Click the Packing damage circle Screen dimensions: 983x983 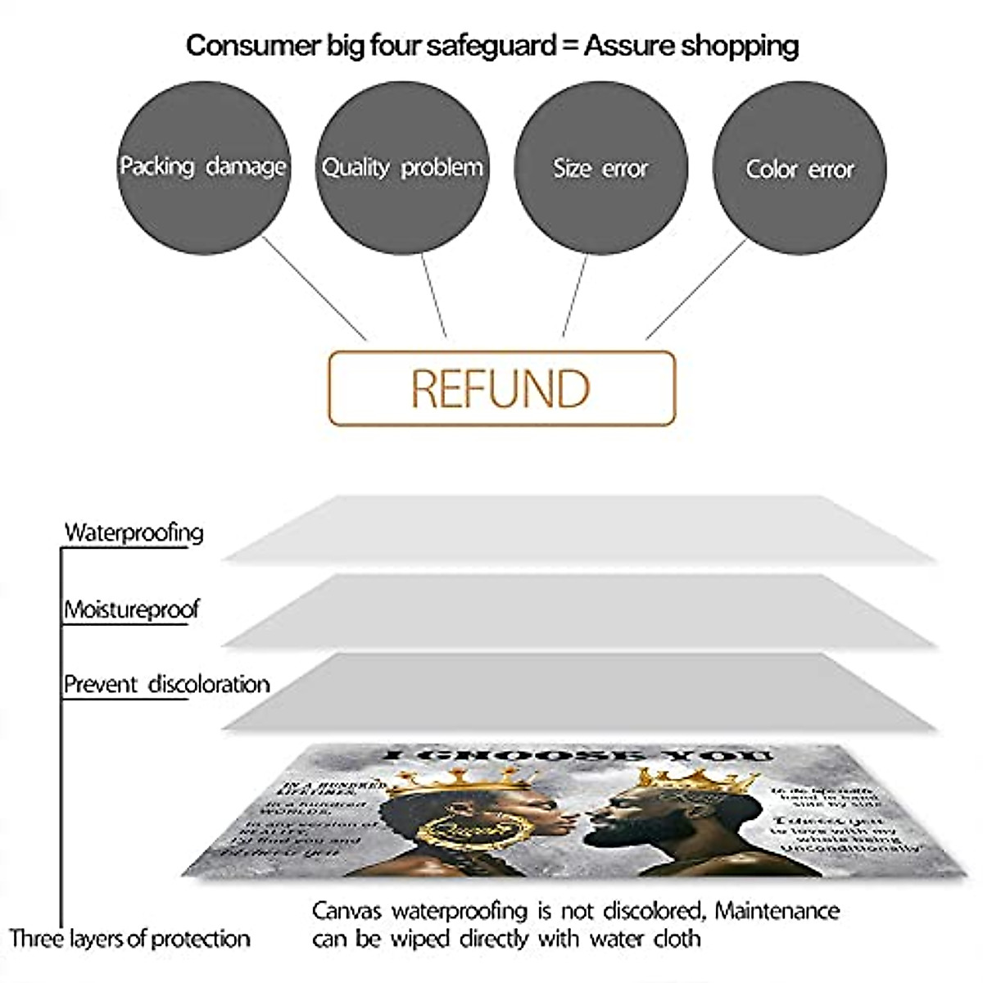point(203,167)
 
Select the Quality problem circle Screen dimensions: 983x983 point(402,167)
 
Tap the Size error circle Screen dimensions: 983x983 point(600,167)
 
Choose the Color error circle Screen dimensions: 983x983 point(800,169)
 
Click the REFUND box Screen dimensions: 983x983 point(501,388)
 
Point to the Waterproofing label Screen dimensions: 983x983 point(134,532)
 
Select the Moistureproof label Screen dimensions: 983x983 point(132,609)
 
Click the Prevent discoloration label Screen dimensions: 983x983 point(166,685)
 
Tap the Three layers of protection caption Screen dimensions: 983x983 point(129,938)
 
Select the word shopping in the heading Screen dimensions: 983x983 point(744,45)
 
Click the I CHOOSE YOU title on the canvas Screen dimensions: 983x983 point(578,754)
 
